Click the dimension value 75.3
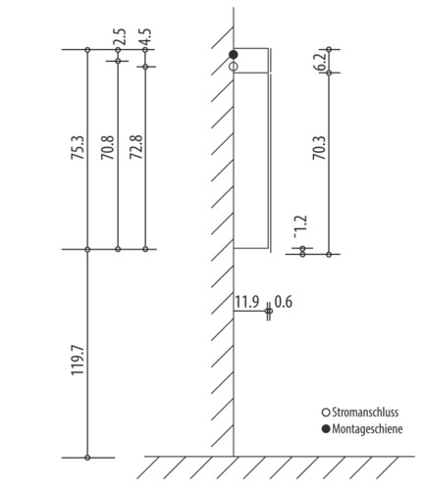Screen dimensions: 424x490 [x=79, y=147]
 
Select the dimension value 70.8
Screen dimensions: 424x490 [x=108, y=147]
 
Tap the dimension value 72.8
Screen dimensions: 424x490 [x=136, y=147]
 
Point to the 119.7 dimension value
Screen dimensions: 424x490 [x=79, y=361]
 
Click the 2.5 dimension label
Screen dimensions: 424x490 [x=120, y=37]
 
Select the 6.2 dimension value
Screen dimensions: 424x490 [x=321, y=61]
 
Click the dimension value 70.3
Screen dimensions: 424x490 [x=320, y=148]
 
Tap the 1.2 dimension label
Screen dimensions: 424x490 [x=300, y=226]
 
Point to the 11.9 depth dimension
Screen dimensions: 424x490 [x=247, y=302]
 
